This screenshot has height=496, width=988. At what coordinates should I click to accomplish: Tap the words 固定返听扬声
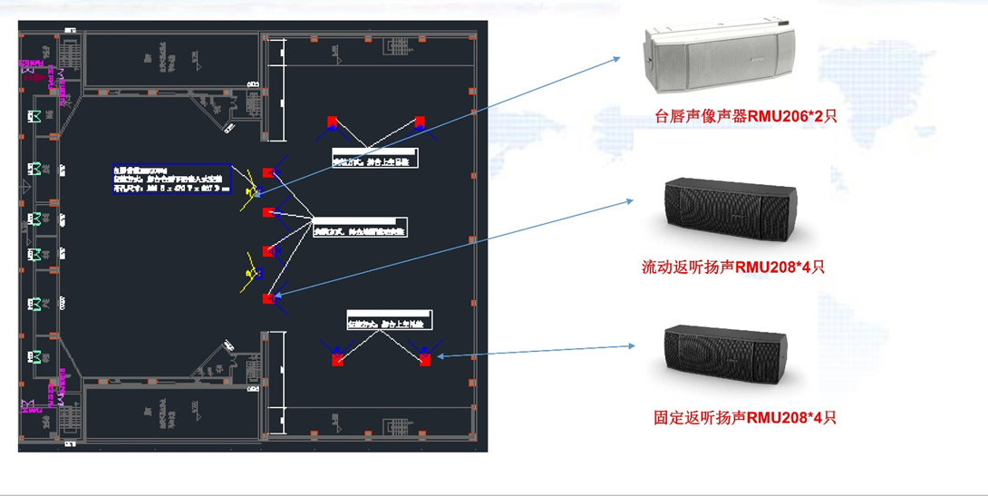(x=699, y=417)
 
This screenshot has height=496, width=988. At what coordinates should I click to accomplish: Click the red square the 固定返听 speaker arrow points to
(x=425, y=360)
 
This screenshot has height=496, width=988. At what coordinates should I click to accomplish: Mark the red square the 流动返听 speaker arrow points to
(x=267, y=298)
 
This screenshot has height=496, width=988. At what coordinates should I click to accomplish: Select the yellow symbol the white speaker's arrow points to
(x=253, y=191)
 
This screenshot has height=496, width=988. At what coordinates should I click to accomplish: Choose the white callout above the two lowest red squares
(x=389, y=319)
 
